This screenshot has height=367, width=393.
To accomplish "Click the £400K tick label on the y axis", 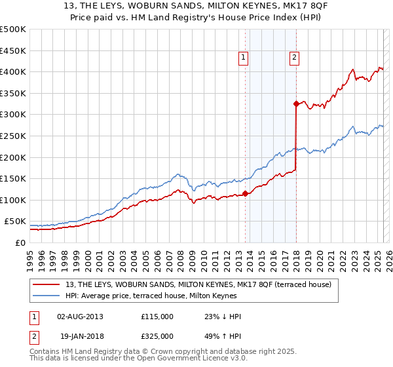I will click(13, 71).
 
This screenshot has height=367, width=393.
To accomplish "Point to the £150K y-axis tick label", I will click(13, 178).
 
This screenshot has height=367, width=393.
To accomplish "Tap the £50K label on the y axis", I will click(15, 222).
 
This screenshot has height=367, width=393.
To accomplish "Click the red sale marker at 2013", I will click(246, 193).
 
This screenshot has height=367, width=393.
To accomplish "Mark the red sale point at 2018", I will click(296, 104).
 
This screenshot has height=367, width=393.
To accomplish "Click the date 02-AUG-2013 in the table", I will click(80, 317).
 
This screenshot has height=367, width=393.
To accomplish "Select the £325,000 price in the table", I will click(157, 336).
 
